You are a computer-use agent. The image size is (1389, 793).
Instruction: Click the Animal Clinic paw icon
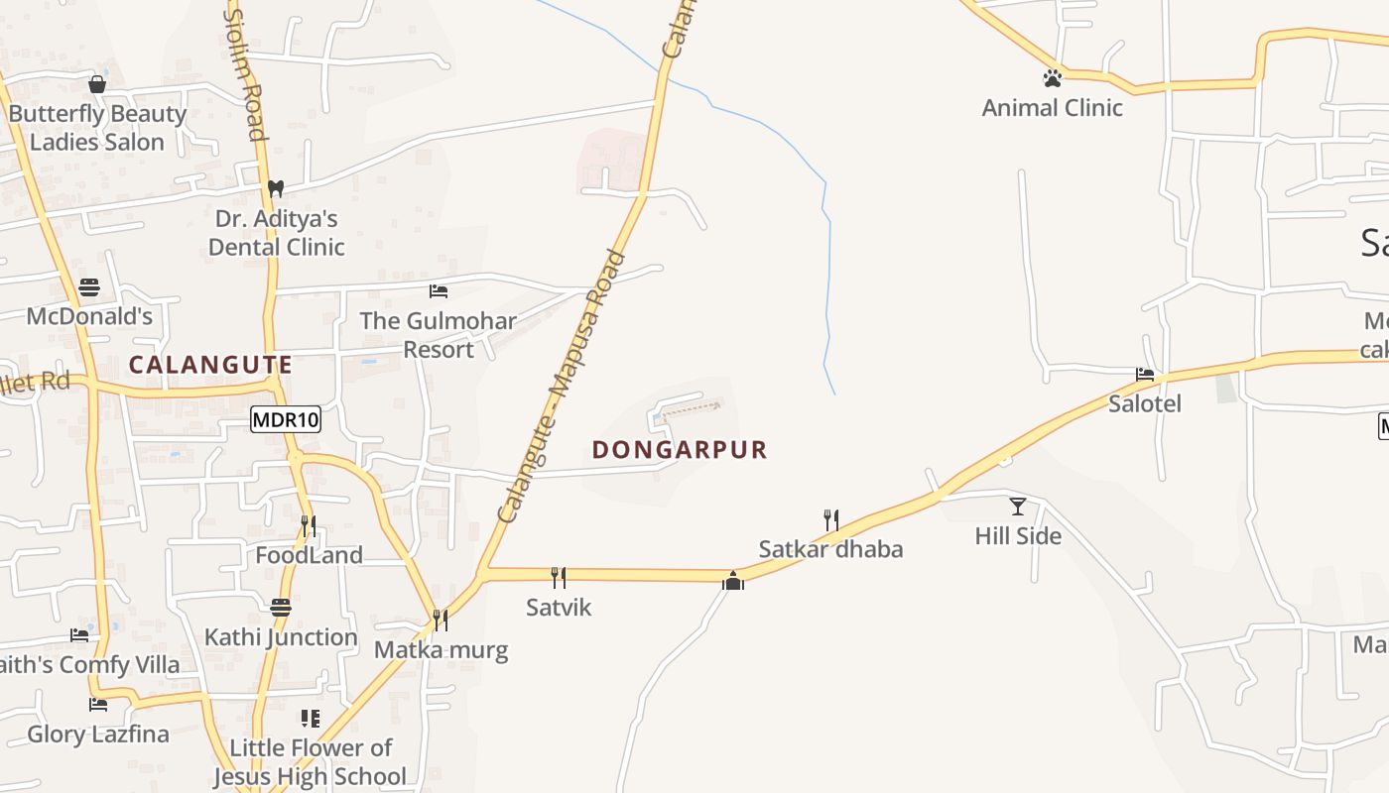1052,77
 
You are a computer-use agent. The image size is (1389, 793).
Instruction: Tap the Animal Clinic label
1052,107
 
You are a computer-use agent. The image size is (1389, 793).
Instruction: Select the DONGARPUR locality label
680,450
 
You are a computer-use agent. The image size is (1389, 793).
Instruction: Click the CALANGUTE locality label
210,365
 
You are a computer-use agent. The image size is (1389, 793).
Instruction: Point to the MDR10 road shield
286,419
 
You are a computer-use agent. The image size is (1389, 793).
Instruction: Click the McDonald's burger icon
89,288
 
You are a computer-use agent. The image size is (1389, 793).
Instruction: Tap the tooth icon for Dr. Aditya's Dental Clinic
276,187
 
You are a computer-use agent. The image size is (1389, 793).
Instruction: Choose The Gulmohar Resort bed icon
439,291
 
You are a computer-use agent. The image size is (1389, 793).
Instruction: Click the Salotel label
1145,403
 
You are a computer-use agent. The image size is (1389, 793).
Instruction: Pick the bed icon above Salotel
1145,375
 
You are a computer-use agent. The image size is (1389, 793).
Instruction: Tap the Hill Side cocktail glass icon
1018,507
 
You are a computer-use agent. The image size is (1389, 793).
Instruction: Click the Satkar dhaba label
830,549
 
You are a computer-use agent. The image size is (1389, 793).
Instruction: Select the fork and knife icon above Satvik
559,577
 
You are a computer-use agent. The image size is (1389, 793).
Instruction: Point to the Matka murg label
441,650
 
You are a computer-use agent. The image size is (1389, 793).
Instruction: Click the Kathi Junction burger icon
281,607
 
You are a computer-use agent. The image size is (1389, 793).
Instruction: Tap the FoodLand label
309,555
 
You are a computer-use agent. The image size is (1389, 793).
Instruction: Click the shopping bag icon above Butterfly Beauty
97,84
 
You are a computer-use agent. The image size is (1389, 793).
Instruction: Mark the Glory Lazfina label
98,735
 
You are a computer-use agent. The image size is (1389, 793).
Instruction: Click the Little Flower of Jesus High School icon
311,718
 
